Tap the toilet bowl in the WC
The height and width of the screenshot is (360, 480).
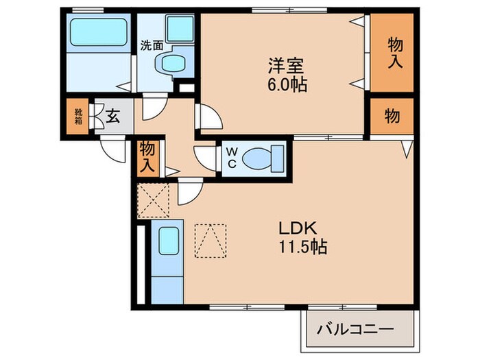click(x=259, y=157)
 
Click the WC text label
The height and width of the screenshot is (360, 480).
click(x=231, y=158)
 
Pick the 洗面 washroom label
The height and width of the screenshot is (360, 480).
click(x=152, y=47)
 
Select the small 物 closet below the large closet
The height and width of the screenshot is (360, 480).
click(x=393, y=117)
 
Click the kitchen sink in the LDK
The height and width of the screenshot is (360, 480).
click(x=169, y=241)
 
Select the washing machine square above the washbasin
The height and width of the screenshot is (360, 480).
click(x=180, y=29)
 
